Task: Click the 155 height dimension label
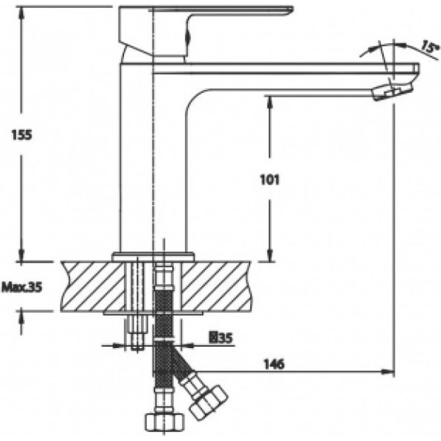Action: (22, 135)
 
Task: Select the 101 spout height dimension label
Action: (270, 180)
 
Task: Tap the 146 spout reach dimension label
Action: (274, 364)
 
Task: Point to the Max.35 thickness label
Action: (22, 287)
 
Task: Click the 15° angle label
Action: (429, 46)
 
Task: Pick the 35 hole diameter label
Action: (222, 338)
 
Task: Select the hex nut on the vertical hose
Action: (165, 421)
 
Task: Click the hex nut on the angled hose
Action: (208, 403)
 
